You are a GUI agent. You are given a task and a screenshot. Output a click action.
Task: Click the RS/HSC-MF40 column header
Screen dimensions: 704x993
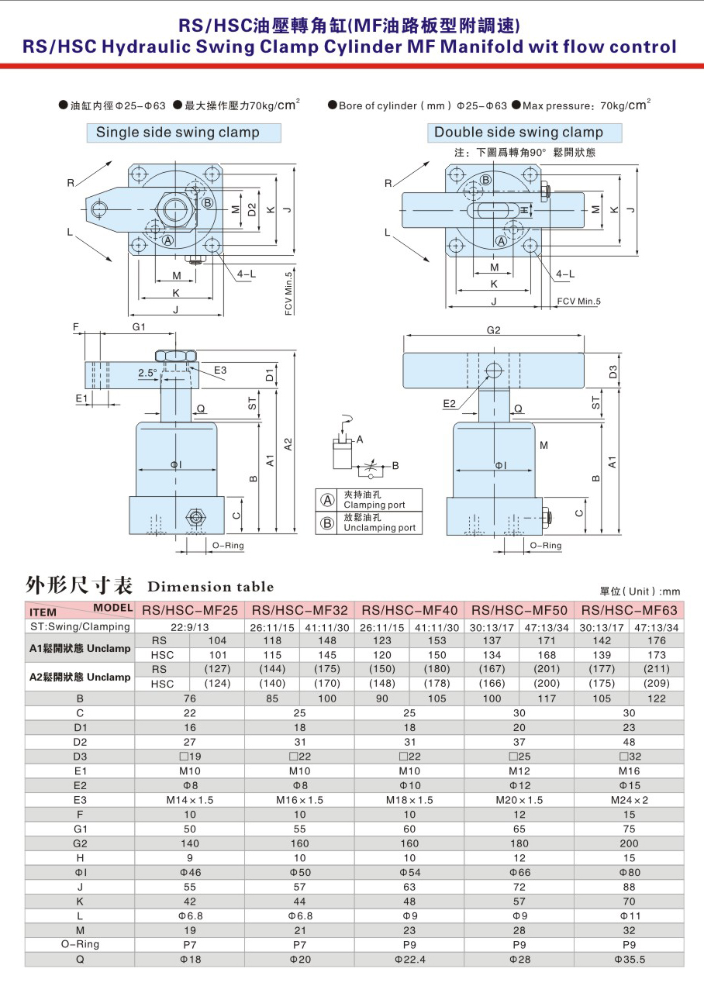(409, 610)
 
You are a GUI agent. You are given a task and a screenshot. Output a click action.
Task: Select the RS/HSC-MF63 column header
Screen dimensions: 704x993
(629, 610)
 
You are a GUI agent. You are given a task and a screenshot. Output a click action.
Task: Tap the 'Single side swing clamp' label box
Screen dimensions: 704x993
(184, 133)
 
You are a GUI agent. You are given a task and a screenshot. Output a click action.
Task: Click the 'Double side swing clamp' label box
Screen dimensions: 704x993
(524, 133)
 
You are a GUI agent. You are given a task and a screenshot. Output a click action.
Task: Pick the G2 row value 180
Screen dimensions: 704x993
(519, 843)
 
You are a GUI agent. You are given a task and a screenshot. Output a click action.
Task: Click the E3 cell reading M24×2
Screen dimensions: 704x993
(629, 800)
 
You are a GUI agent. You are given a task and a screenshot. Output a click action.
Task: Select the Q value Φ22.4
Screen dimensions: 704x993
(409, 960)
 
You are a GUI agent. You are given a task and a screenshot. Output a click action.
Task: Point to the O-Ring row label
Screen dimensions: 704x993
(80, 945)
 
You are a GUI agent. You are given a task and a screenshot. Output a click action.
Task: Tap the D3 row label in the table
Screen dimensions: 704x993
(80, 757)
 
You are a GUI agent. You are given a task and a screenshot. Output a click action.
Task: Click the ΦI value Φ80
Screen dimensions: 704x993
(630, 872)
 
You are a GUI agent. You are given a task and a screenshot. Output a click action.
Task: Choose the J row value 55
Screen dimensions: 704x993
(190, 887)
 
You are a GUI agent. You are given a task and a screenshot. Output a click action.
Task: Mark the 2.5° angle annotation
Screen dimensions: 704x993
(147, 373)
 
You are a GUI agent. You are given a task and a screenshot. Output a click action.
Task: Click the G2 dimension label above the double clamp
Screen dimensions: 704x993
(493, 330)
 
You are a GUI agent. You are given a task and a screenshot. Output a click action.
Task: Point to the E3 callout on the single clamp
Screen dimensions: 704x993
(220, 370)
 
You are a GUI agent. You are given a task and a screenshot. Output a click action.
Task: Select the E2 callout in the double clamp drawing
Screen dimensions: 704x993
(449, 403)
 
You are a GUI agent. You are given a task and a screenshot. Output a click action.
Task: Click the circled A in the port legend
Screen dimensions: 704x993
(326, 501)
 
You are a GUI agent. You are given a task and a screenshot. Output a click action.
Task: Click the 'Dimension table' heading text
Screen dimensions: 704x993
(211, 587)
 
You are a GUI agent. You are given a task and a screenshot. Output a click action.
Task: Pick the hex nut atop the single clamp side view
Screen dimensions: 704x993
(175, 356)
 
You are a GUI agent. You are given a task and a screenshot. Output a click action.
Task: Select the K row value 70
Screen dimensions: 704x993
(629, 902)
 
